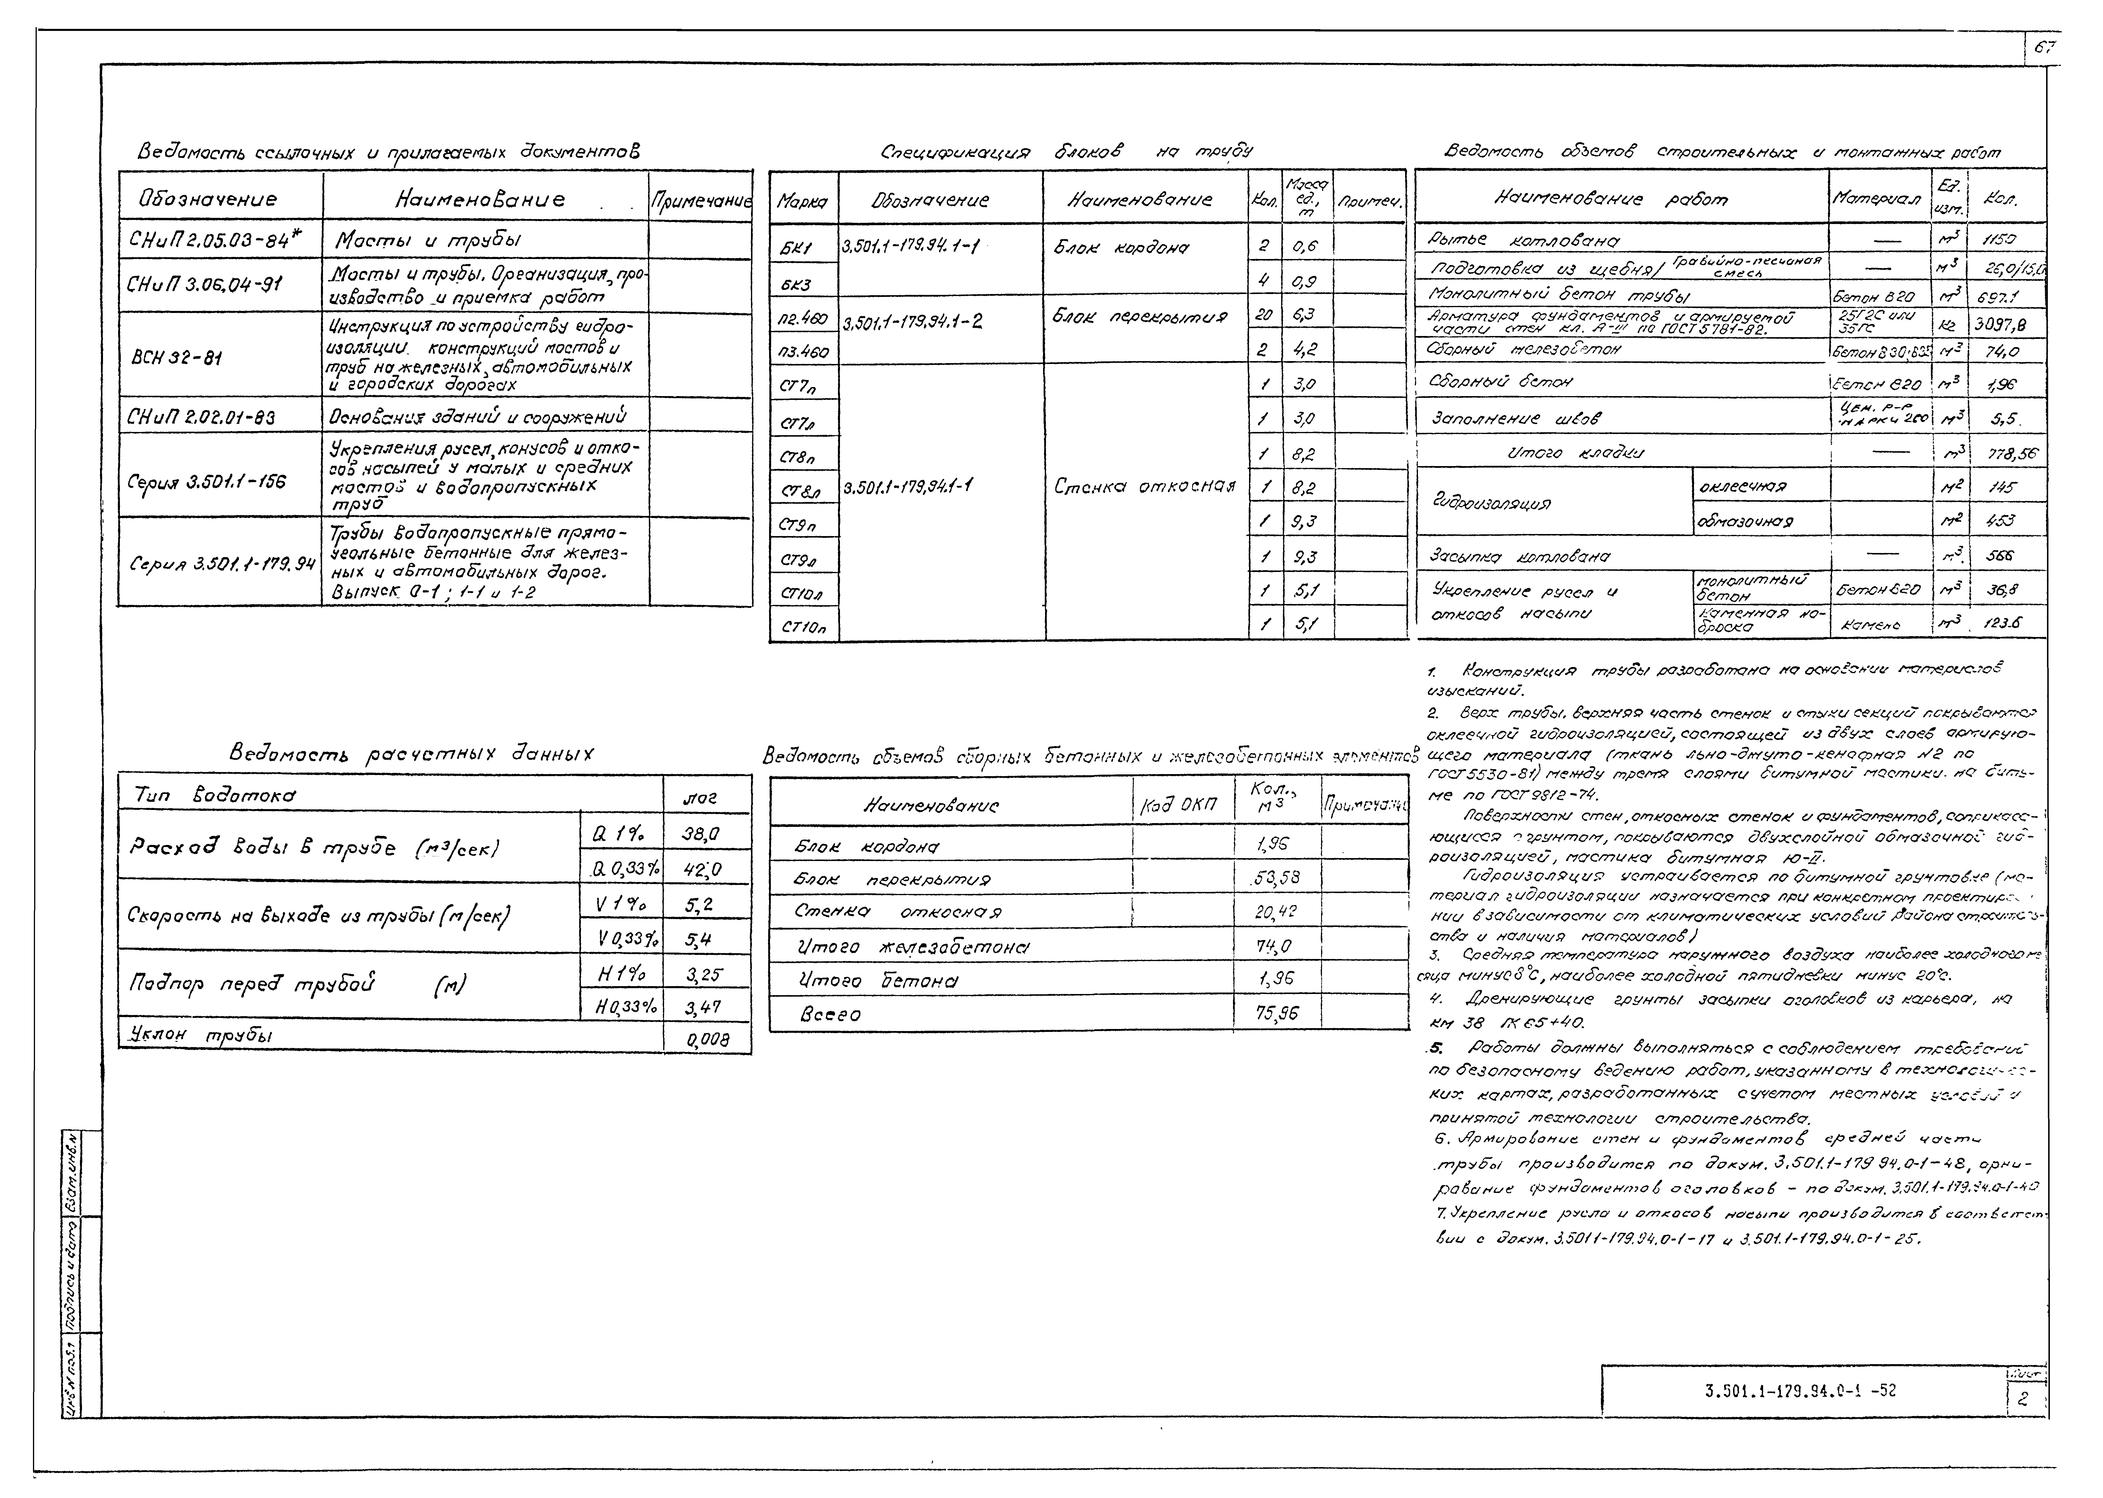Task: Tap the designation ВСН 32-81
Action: coord(175,356)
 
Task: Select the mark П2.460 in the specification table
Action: coord(803,317)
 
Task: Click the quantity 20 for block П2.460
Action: coord(1262,314)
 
